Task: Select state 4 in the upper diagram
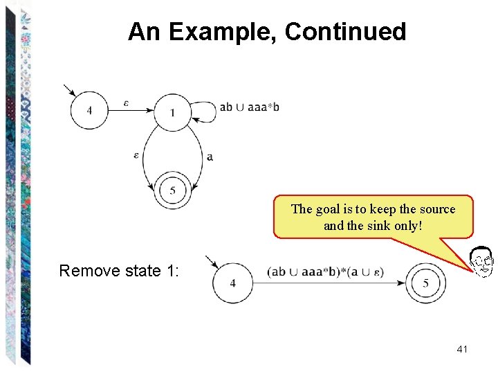click(x=89, y=111)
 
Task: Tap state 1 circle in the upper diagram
click(x=172, y=112)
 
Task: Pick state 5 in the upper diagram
click(x=172, y=190)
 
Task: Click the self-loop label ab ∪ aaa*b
click(x=250, y=107)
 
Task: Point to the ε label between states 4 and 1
click(x=126, y=103)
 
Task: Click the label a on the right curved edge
click(x=210, y=157)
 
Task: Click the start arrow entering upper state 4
click(x=70, y=91)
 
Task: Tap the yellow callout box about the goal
click(x=373, y=217)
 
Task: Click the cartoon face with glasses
click(x=481, y=262)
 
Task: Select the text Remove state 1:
click(x=119, y=271)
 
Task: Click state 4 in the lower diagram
click(x=232, y=283)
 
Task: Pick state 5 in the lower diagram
click(x=426, y=283)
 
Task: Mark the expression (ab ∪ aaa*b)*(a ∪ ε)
click(x=325, y=272)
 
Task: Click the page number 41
click(x=462, y=349)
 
